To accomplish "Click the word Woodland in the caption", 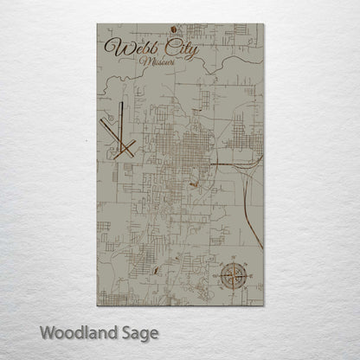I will tap(84, 331).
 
